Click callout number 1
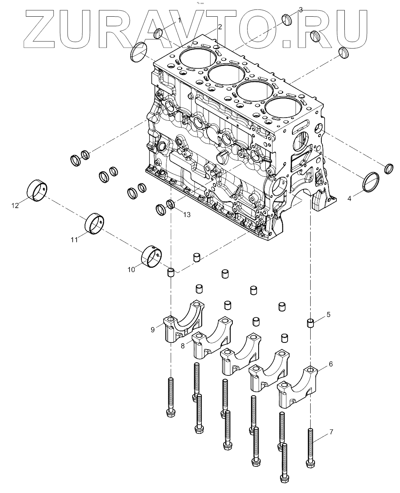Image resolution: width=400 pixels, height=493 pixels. [179, 20]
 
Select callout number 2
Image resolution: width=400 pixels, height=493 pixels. [220, 27]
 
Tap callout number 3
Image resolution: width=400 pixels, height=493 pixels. [300, 10]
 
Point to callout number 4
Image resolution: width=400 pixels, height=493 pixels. [350, 198]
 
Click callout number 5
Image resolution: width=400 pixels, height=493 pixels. [329, 315]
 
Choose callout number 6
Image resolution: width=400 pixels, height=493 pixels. [331, 364]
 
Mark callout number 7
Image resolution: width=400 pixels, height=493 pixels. [331, 431]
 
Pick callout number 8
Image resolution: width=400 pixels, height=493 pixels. [183, 346]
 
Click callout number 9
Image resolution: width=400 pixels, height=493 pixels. [153, 329]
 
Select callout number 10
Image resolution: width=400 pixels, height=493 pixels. [131, 269]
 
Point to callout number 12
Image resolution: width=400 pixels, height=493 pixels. [15, 205]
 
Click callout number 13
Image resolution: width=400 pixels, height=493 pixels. [187, 215]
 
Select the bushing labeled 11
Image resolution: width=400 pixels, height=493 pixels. [95, 224]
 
